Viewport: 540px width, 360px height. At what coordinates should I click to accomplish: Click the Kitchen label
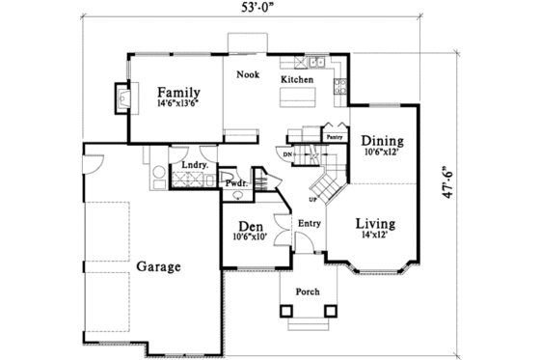click(x=297, y=79)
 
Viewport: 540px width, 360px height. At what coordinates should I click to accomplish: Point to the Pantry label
click(x=335, y=137)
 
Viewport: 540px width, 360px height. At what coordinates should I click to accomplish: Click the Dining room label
click(x=382, y=139)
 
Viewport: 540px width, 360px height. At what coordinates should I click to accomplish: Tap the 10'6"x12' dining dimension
click(x=382, y=152)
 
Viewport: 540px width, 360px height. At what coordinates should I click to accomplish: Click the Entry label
click(x=310, y=225)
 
